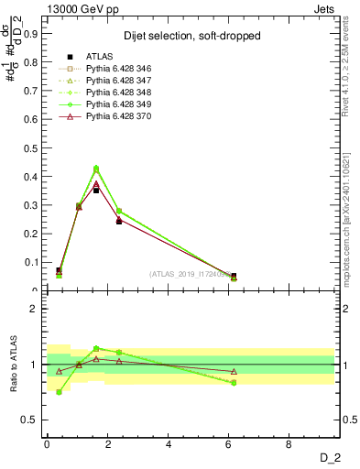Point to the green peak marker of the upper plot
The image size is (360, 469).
(x=96, y=169)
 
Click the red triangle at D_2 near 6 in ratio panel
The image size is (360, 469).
(x=234, y=371)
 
